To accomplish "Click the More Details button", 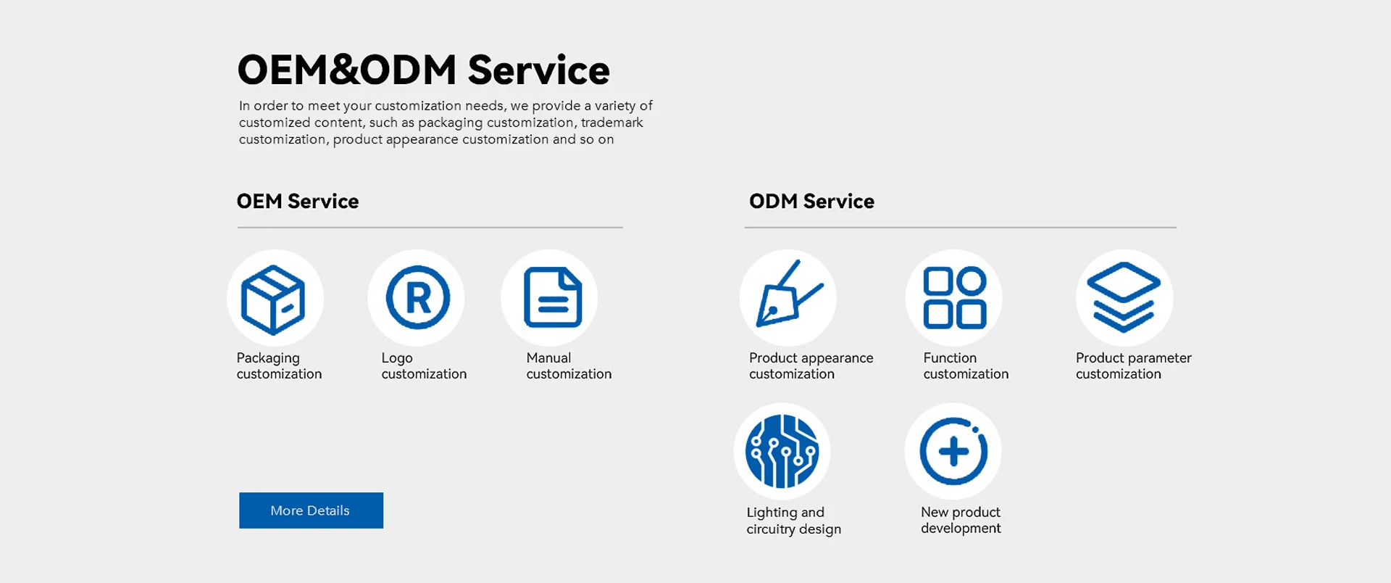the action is (x=311, y=510).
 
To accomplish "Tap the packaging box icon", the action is (x=273, y=299).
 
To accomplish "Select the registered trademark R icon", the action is (x=418, y=297).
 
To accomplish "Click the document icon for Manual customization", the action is (x=553, y=297).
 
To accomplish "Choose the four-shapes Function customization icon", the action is (x=955, y=298).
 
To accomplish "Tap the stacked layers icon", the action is (x=1124, y=297).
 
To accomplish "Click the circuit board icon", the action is (x=782, y=451).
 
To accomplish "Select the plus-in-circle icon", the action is (x=953, y=451).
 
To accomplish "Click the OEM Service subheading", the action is (x=298, y=201).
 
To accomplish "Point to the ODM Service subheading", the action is (x=811, y=201).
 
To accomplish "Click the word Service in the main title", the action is (x=539, y=70).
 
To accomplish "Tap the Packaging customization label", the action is (x=279, y=366).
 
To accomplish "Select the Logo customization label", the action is (x=424, y=366).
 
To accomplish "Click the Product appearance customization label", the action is (x=811, y=366).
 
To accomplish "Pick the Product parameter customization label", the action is (x=1134, y=366).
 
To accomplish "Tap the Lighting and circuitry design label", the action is (x=794, y=521).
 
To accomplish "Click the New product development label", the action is (x=961, y=520).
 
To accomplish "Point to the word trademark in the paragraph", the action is (x=612, y=123).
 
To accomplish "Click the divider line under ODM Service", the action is (x=961, y=228).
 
